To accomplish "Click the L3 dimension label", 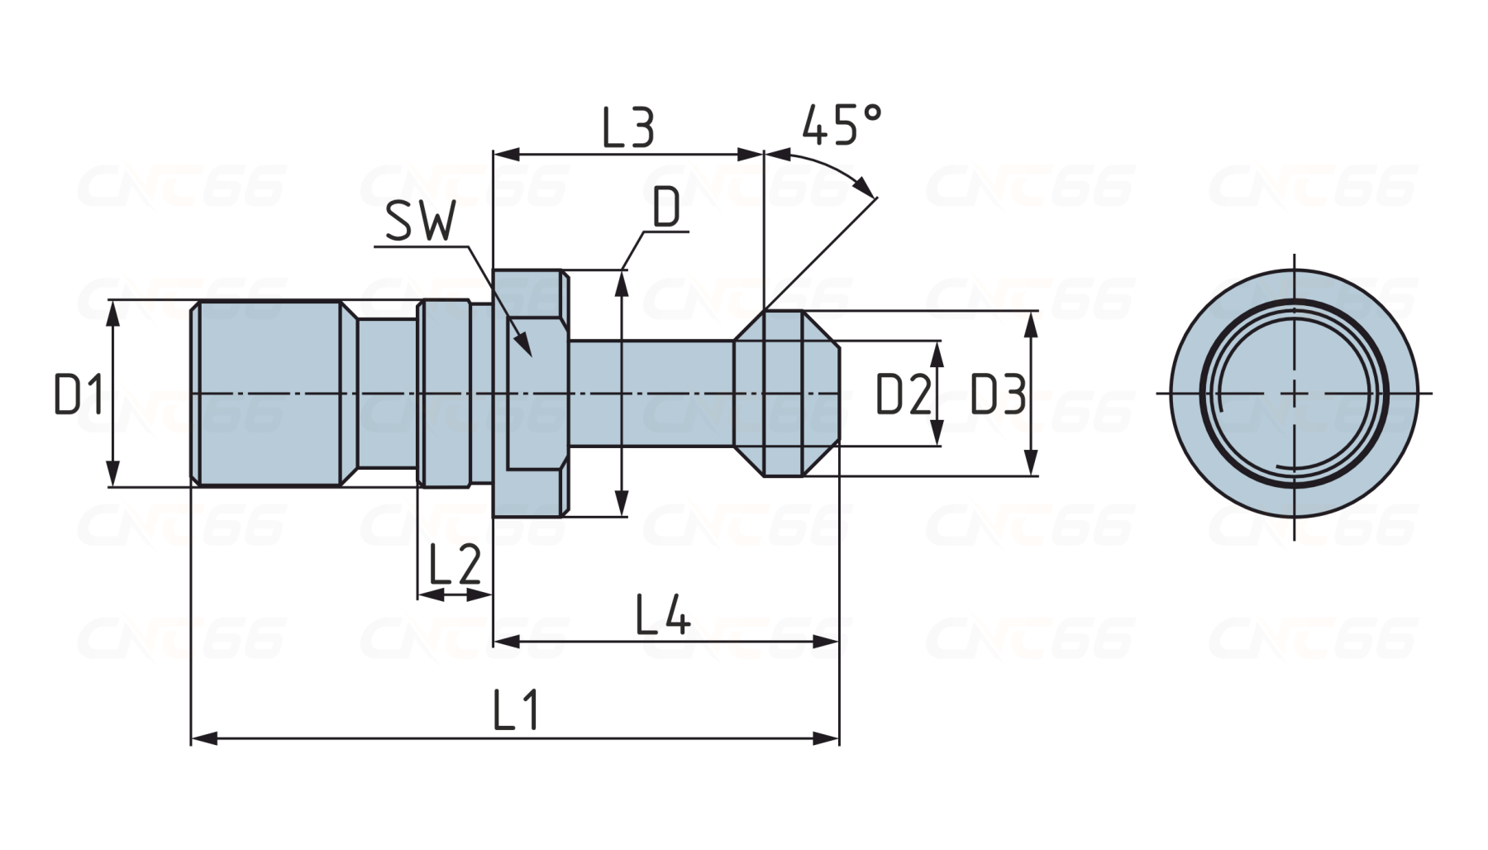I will (x=628, y=128).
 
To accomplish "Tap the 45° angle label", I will (x=841, y=125).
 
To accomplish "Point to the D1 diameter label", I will (x=79, y=394).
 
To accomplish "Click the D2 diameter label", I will (x=903, y=394).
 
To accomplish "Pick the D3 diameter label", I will (x=997, y=394).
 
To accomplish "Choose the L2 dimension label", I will (x=455, y=565).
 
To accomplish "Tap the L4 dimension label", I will (x=662, y=615).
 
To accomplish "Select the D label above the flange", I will (x=666, y=208).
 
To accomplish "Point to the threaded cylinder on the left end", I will (x=266, y=394).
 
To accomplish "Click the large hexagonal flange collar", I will (x=530, y=393).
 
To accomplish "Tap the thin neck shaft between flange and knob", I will (x=651, y=394).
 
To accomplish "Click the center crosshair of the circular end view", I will (x=1295, y=394).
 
